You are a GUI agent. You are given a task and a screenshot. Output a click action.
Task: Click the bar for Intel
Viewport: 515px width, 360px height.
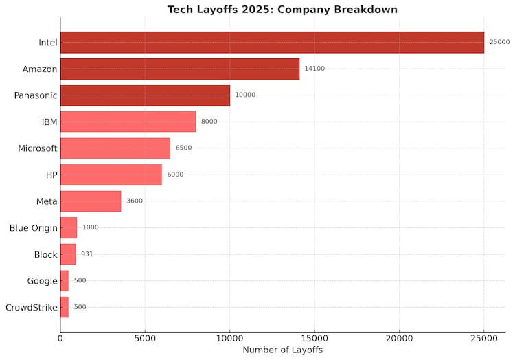point(272,43)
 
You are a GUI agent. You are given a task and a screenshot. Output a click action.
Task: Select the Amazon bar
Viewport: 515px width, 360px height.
point(180,69)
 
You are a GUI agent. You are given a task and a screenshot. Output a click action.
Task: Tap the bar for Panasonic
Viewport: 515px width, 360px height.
point(145,95)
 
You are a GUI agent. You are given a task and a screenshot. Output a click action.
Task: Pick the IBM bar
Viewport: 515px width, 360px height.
point(128,122)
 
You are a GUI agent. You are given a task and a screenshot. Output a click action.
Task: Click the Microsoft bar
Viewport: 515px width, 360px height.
point(115,148)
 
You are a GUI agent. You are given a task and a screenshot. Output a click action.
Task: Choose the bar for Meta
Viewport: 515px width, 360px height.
point(91,201)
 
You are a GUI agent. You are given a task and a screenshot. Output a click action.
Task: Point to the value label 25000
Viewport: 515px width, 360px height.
point(499,43)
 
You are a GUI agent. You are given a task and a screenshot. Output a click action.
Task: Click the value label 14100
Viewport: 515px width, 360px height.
point(315,69)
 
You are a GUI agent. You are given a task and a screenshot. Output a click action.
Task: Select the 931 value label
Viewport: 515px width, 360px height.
point(87,254)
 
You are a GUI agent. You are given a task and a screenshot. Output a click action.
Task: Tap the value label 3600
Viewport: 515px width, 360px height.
point(135,201)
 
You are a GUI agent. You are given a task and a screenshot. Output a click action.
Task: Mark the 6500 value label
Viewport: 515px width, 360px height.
point(183,148)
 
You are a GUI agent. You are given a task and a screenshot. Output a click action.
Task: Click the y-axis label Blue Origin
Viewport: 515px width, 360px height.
point(34,228)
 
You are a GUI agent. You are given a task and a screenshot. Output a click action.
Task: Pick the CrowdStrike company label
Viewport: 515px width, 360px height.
point(32,307)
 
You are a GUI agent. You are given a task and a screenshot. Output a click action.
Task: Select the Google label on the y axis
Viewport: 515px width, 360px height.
point(42,281)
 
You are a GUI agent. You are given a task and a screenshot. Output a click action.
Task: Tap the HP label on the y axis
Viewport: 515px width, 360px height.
point(51,175)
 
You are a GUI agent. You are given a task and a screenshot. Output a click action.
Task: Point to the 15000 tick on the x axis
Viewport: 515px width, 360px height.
point(314,338)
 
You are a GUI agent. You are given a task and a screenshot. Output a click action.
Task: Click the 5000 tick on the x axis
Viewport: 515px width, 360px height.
point(145,338)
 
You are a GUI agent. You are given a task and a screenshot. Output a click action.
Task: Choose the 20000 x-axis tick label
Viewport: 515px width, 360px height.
point(399,338)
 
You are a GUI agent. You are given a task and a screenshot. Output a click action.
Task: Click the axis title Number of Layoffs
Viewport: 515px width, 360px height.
point(282,350)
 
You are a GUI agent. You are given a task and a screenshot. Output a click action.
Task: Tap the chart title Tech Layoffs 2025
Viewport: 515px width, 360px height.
point(282,10)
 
